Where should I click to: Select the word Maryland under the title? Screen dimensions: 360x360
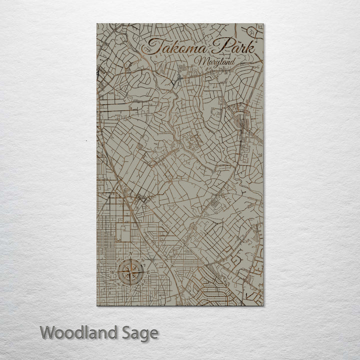click(215, 61)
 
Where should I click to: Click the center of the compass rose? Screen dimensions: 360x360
click(131, 272)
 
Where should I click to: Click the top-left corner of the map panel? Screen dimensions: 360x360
click(97, 23)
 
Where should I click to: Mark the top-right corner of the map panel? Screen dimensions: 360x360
click(263, 23)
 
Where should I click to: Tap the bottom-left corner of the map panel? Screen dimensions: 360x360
click(97, 305)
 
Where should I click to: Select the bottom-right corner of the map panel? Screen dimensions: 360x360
click(263, 305)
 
